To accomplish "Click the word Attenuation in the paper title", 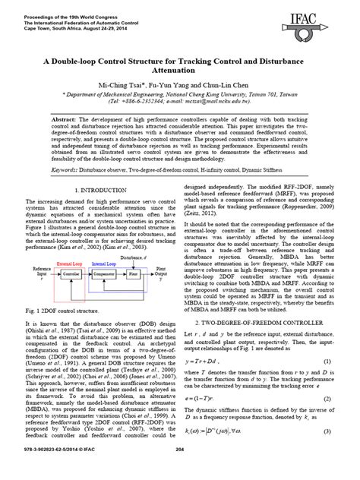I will (x=180, y=71).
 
